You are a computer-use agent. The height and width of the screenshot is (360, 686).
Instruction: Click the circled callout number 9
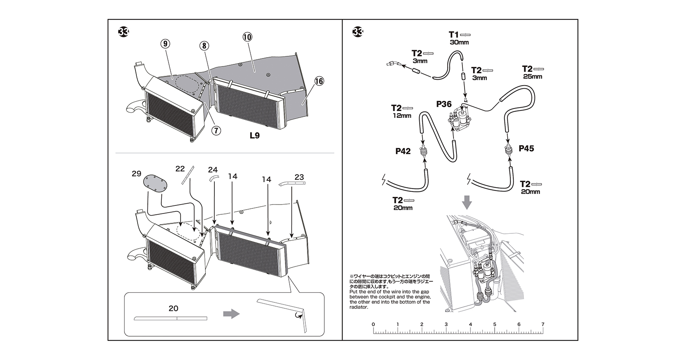coord(165,43)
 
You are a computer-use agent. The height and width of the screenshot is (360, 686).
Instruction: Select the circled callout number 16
coord(319,81)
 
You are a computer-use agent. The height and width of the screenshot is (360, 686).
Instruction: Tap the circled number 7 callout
coord(216,130)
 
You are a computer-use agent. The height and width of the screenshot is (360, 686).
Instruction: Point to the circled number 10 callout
coord(247,37)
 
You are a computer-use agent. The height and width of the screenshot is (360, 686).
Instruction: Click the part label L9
coord(254,136)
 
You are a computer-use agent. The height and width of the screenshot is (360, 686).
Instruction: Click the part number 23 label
coord(299,177)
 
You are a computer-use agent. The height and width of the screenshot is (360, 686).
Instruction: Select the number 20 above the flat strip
coord(173,308)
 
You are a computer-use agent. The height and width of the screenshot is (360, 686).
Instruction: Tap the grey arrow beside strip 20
coord(231,314)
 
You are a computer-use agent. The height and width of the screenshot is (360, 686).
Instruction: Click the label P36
coord(444,104)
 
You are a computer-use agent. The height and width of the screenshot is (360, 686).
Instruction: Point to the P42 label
coord(403,151)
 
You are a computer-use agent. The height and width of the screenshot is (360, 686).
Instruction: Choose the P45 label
coord(526,148)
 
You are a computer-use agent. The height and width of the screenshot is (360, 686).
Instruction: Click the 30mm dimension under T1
coord(459,42)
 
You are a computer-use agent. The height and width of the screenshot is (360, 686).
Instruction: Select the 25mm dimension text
coord(532,77)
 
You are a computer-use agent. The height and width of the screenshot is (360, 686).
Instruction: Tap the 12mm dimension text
coord(401,116)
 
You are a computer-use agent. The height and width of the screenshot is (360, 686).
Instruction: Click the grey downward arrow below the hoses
coord(467,202)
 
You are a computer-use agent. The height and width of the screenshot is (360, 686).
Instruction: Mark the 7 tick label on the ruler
coord(542,324)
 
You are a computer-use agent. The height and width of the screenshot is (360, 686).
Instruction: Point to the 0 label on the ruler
coord(373,324)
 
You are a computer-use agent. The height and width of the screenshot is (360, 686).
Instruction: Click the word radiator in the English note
coord(359,307)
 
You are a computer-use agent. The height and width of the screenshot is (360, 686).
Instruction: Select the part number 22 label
coord(180,169)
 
